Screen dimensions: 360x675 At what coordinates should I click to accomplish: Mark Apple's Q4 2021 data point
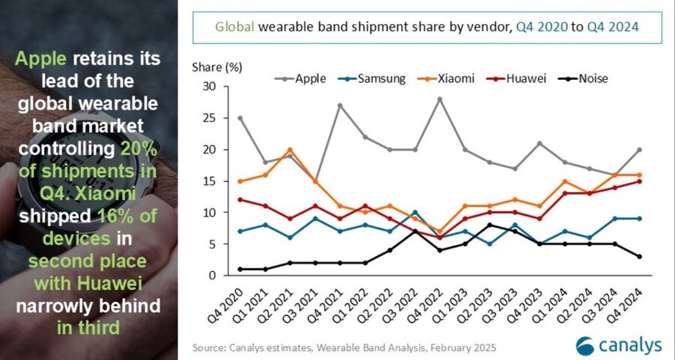pyautogui.click(x=340, y=105)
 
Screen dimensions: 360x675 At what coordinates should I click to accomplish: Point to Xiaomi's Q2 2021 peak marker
pyautogui.click(x=290, y=150)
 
